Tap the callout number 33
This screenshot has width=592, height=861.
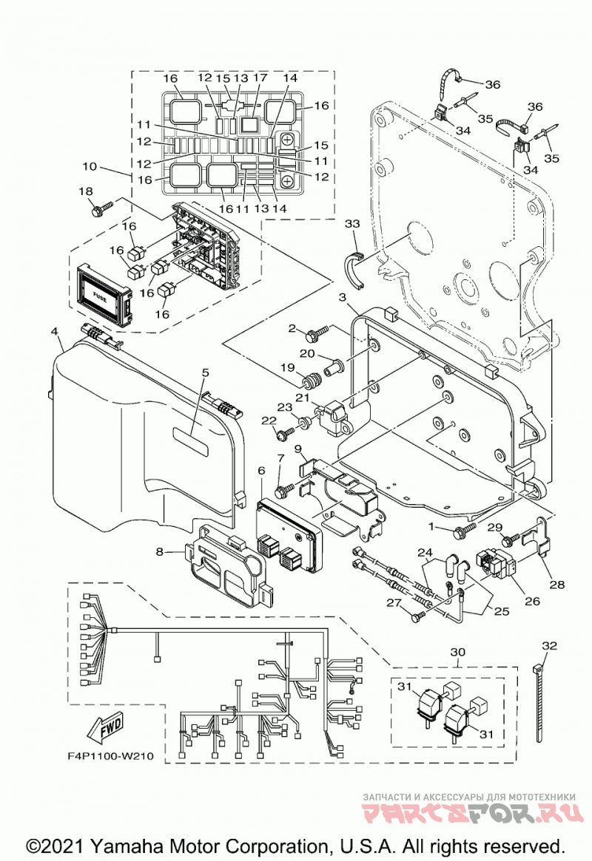point(352,224)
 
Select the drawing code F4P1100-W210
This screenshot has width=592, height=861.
point(110,756)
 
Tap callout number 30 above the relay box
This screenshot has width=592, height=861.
point(457,652)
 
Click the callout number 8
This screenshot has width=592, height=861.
point(159,551)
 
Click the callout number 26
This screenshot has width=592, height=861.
point(532,601)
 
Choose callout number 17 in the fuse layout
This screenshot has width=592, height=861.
point(260,78)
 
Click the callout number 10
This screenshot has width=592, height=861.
point(90,166)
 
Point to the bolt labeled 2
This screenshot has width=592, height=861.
point(317,333)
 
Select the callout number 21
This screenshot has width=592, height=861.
point(303,397)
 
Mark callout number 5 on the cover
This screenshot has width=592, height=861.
point(205,372)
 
